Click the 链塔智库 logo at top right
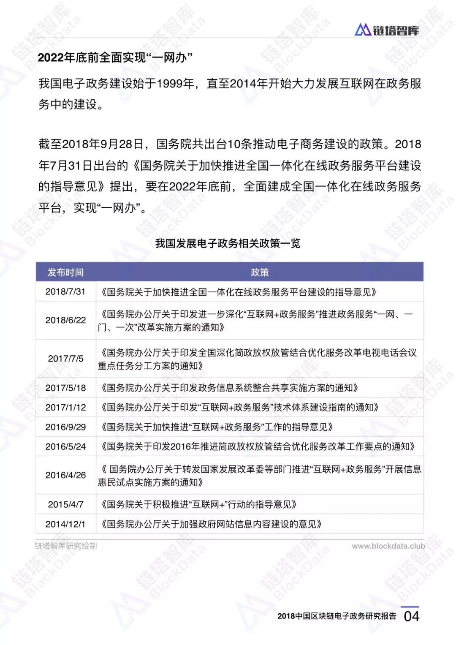tap(387, 30)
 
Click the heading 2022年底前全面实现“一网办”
tap(115, 57)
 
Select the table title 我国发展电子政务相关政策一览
tap(228, 243)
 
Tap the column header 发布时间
tap(65, 272)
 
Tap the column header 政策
tap(260, 272)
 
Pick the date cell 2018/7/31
tap(65, 291)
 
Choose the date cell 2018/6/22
tap(65, 320)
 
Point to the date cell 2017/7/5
tap(65, 359)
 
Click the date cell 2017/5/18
tap(65, 388)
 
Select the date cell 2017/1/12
tap(65, 407)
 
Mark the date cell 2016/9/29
tap(65, 427)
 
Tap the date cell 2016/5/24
tap(65, 446)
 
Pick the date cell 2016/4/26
tap(65, 475)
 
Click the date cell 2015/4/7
tap(65, 504)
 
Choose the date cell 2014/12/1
tap(65, 524)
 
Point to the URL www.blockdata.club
tap(388, 546)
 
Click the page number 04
tap(411, 616)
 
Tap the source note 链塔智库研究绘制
tap(66, 546)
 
